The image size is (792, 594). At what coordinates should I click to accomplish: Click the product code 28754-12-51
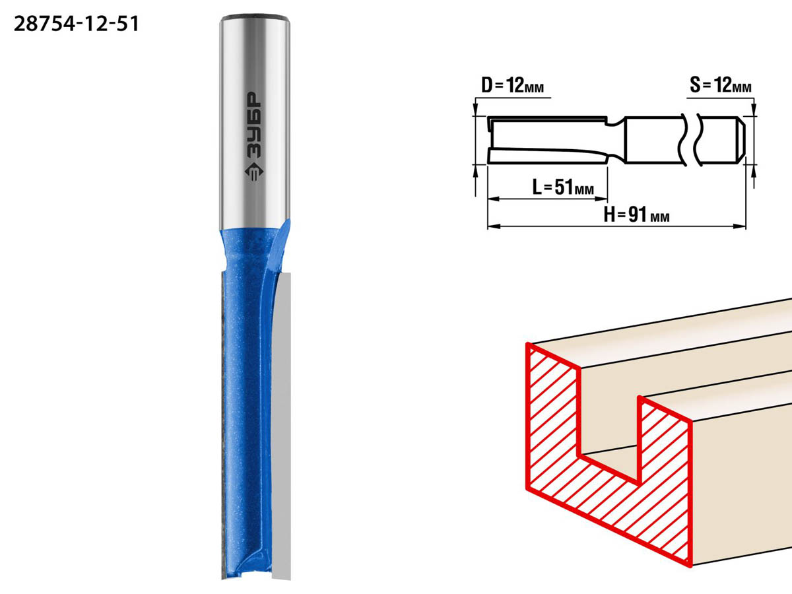[76, 24]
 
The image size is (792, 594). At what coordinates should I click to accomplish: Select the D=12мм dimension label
[512, 86]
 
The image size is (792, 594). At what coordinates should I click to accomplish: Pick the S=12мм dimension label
[721, 86]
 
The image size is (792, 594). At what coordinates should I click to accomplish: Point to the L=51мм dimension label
[563, 187]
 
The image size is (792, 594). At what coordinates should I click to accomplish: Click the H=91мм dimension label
[636, 215]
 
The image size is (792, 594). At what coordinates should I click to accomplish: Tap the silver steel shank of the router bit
[254, 123]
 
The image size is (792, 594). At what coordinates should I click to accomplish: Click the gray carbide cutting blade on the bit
[281, 426]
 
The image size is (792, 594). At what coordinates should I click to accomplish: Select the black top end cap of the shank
[255, 17]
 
